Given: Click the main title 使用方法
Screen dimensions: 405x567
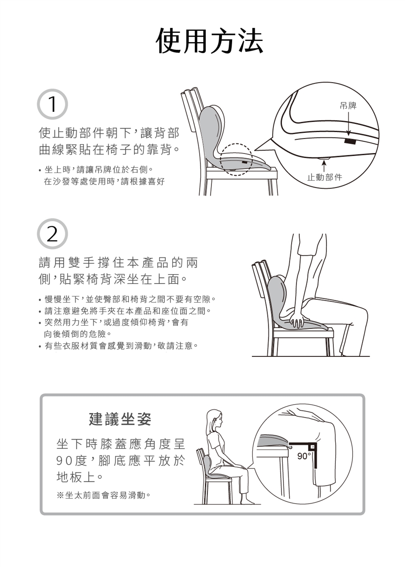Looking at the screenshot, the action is [210, 40].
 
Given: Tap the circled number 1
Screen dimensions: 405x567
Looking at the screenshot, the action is [52, 104].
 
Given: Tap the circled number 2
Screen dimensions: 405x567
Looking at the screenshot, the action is [52, 234].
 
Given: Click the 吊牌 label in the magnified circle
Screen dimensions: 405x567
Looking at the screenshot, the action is [348, 105].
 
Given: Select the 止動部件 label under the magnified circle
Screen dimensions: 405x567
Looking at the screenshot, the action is [325, 177].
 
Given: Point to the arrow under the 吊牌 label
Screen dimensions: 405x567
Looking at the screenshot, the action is [348, 124].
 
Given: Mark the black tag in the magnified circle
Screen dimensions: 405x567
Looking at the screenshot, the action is [350, 141].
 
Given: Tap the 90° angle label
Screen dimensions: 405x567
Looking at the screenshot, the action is [303, 456].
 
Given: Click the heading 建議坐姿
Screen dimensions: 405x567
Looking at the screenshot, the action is [120, 419].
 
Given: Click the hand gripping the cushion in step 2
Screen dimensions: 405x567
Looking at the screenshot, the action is [297, 320].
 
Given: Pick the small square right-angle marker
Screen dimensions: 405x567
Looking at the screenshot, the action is [313, 447].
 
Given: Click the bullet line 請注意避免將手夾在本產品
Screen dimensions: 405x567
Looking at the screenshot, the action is [125, 310].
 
